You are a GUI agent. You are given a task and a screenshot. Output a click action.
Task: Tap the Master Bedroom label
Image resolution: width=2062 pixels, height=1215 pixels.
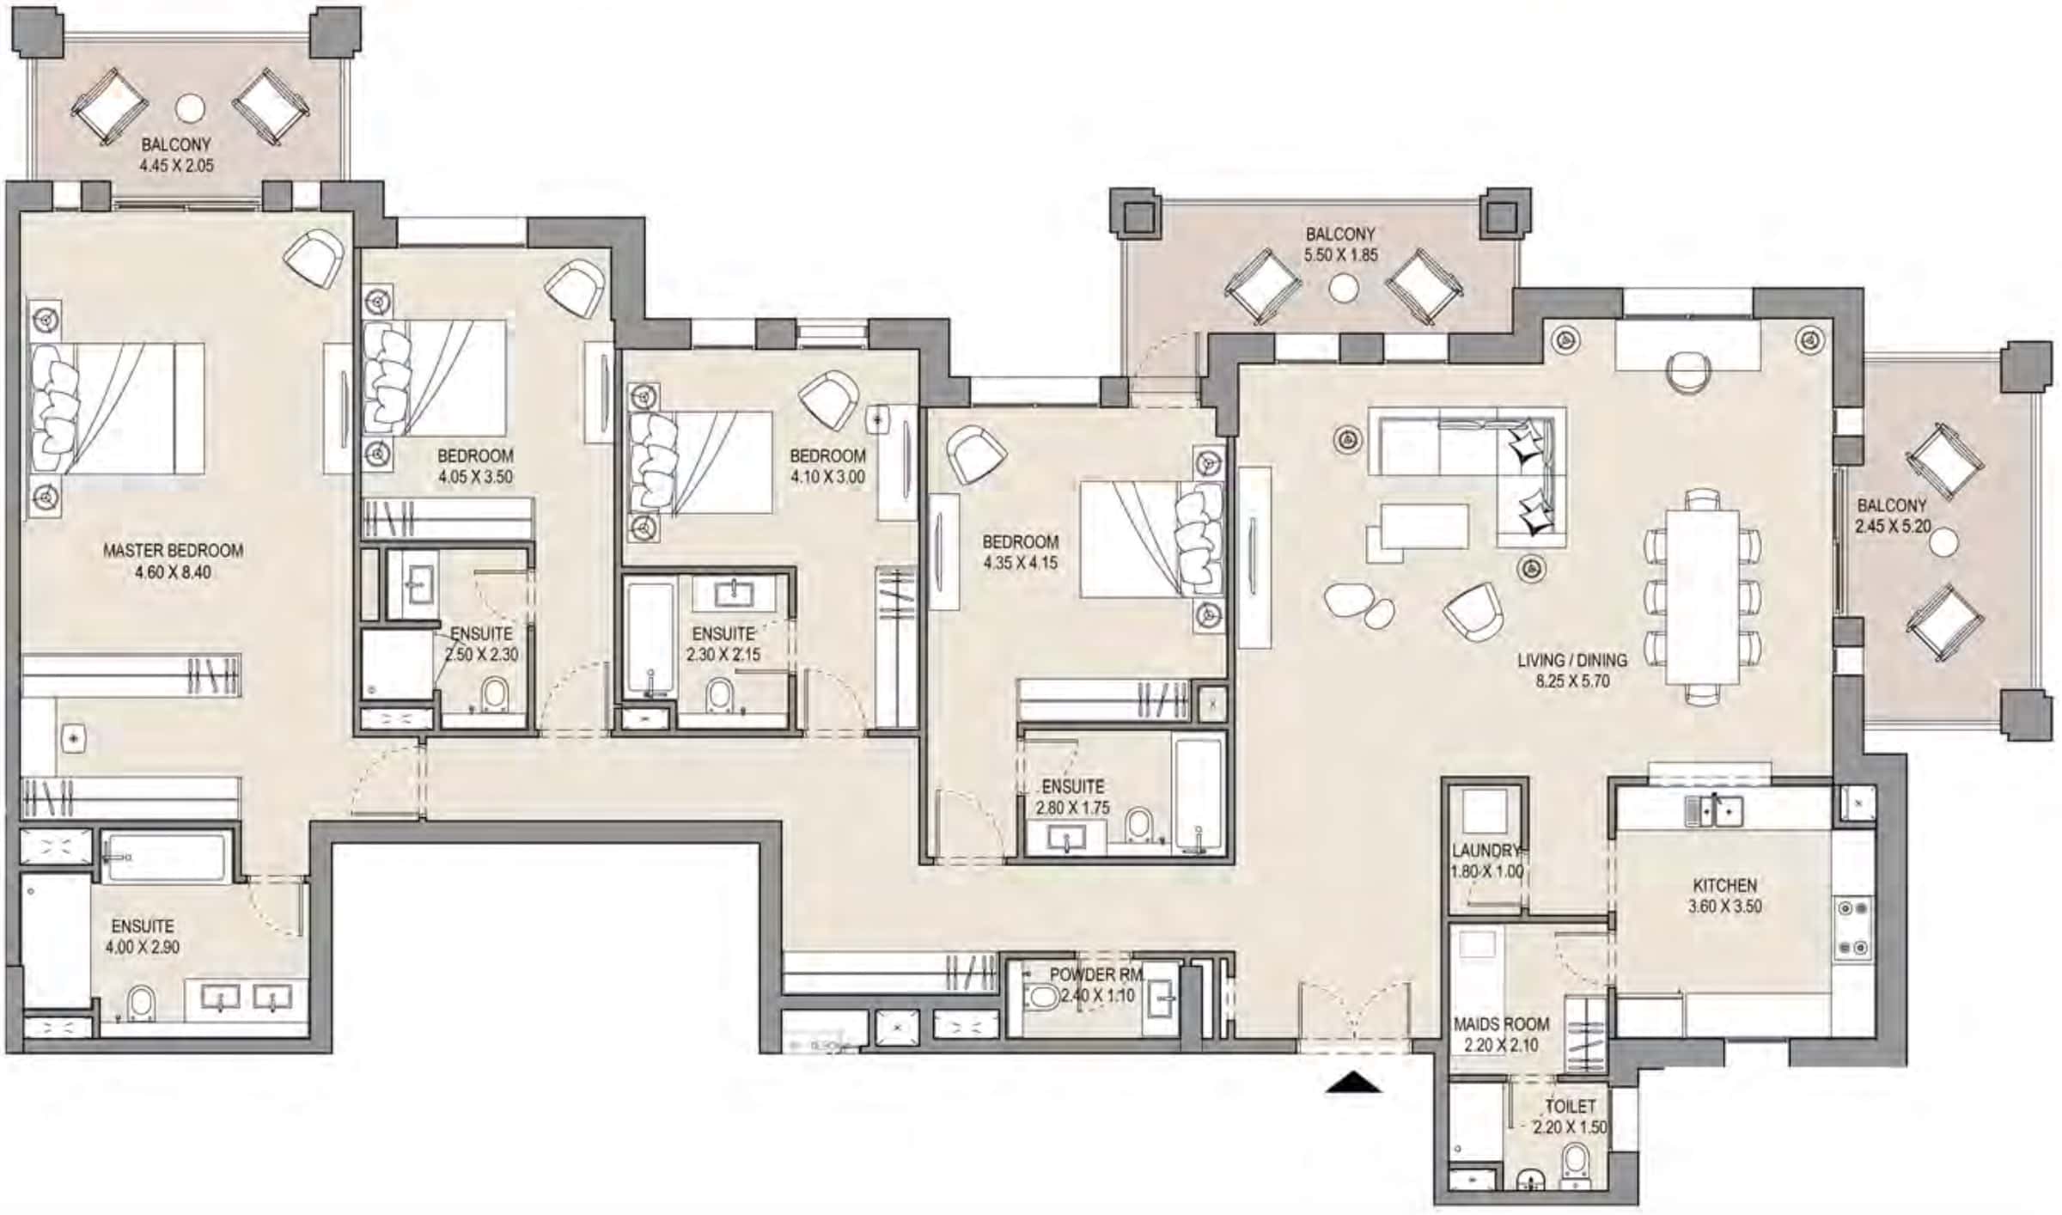tap(173, 550)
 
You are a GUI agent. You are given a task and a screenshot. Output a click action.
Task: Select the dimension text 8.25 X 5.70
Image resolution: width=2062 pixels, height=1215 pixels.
tap(1572, 681)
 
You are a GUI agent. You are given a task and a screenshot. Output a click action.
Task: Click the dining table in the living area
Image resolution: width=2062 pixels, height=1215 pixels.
tap(1702, 597)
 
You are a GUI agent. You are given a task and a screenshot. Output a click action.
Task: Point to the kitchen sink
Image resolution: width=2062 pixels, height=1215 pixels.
tap(1713, 809)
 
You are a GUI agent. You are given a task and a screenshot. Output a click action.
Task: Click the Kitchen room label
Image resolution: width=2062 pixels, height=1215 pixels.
tap(1724, 885)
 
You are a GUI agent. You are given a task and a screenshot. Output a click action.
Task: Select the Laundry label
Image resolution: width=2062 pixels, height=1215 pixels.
tap(1485, 851)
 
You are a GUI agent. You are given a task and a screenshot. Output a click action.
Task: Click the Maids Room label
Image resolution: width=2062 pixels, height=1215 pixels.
tap(1501, 1024)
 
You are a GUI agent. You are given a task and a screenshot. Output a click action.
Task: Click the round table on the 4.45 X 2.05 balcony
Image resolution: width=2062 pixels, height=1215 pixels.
tap(190, 108)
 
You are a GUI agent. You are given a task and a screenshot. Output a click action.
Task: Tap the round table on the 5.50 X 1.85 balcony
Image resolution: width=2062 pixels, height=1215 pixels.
tap(1343, 289)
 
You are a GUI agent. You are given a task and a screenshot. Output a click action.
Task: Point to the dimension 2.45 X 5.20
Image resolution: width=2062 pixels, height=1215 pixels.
tap(1892, 527)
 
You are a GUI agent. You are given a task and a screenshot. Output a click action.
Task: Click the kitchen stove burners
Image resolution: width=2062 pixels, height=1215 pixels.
tap(1852, 928)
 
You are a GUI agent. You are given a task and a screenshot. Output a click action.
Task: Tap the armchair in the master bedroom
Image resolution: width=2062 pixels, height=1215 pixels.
tap(314, 258)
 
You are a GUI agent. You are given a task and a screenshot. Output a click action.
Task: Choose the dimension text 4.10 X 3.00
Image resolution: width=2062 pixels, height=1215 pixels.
tap(827, 477)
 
